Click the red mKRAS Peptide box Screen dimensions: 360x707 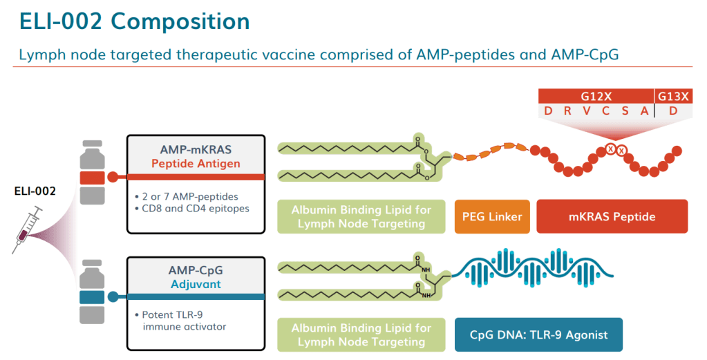(x=612, y=217)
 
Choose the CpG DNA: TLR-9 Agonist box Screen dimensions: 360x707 (x=538, y=334)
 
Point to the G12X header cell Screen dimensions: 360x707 (x=595, y=97)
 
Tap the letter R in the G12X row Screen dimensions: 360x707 (x=567, y=112)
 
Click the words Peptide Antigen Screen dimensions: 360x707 (x=196, y=164)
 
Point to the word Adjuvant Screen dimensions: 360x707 (x=196, y=284)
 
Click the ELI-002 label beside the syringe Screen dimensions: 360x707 (x=35, y=190)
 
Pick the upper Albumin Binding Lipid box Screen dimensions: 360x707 (x=361, y=217)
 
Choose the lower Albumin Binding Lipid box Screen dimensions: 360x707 (x=361, y=334)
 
